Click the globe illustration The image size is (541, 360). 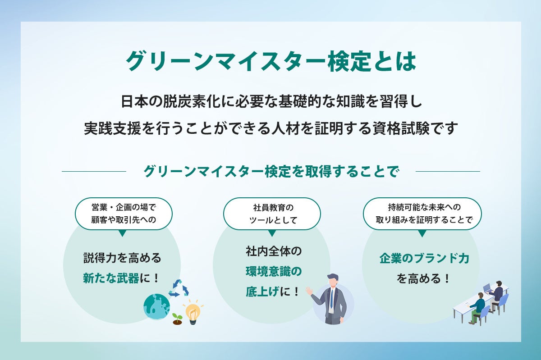point(156,307)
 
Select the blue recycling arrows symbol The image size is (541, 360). point(179,288)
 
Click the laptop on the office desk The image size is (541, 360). point(487,288)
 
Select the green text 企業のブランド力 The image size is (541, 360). point(424,259)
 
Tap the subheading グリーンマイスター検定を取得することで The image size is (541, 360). point(271,172)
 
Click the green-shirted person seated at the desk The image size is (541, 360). point(477,306)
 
